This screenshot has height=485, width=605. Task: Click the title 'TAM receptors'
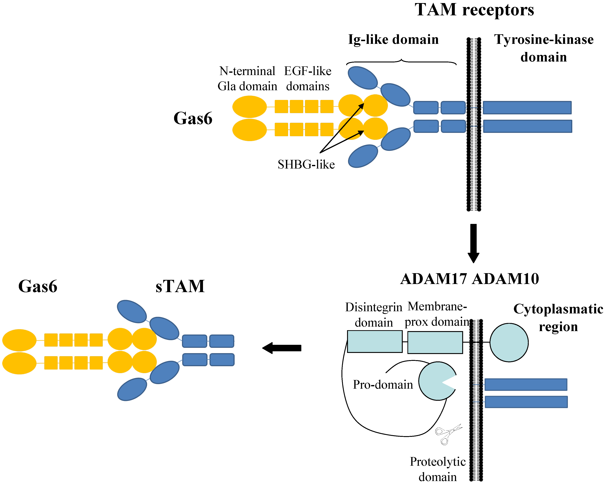click(474, 10)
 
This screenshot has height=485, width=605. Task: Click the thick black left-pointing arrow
click(282, 348)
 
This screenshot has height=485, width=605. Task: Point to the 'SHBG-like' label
click(306, 165)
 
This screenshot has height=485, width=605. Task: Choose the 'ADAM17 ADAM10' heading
click(469, 279)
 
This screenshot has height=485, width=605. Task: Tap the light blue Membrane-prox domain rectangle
click(435, 342)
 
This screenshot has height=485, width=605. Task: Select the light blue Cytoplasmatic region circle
click(509, 342)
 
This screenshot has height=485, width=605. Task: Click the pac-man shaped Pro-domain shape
click(433, 381)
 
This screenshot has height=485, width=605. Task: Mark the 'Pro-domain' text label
click(383, 385)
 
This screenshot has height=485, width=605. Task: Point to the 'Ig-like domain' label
click(393, 40)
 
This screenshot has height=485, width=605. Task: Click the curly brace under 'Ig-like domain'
click(401, 61)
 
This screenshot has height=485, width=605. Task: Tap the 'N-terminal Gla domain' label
click(247, 79)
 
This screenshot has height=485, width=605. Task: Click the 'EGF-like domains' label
click(307, 79)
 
